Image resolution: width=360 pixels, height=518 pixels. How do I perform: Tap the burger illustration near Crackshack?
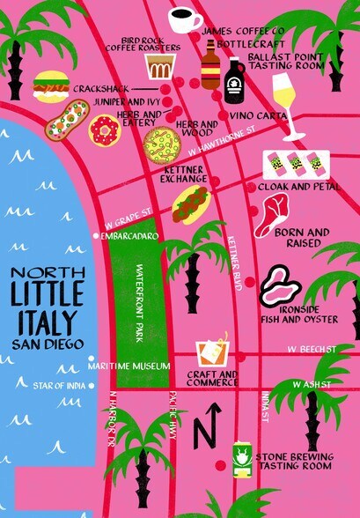coord(51,86)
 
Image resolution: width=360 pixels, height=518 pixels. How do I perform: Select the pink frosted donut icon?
coord(103,131)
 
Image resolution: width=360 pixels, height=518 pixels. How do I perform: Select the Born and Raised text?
coord(301,237)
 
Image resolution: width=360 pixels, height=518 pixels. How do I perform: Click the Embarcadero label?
coord(129,236)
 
